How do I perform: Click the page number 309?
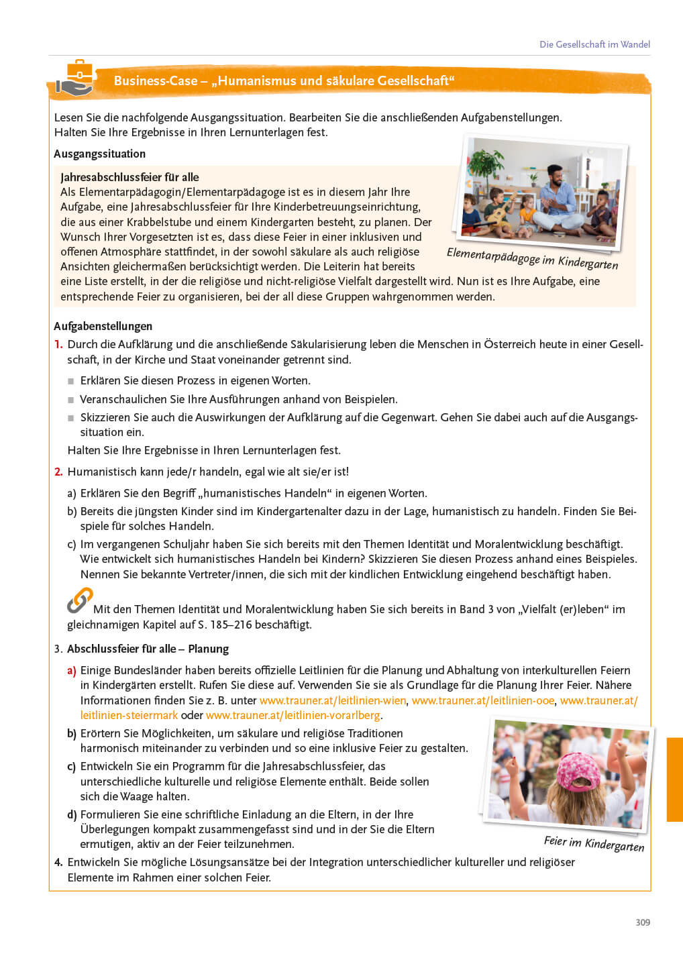click(x=642, y=922)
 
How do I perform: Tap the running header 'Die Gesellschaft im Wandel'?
click(x=594, y=44)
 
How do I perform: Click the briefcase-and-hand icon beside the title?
click(x=76, y=78)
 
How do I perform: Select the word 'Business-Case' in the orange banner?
click(x=155, y=81)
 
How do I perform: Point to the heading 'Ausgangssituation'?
click(x=99, y=154)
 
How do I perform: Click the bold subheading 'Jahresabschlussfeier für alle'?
click(x=129, y=177)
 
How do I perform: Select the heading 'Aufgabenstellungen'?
click(x=103, y=326)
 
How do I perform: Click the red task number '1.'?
click(x=58, y=344)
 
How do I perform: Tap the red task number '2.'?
click(x=58, y=472)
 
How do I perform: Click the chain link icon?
click(x=79, y=601)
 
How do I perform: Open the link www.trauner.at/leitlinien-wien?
click(x=333, y=700)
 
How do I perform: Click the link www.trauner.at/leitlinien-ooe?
click(x=483, y=700)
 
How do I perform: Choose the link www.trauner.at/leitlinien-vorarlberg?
click(x=293, y=715)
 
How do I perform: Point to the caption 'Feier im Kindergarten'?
click(x=594, y=844)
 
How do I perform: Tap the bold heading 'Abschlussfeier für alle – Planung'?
click(x=148, y=649)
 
